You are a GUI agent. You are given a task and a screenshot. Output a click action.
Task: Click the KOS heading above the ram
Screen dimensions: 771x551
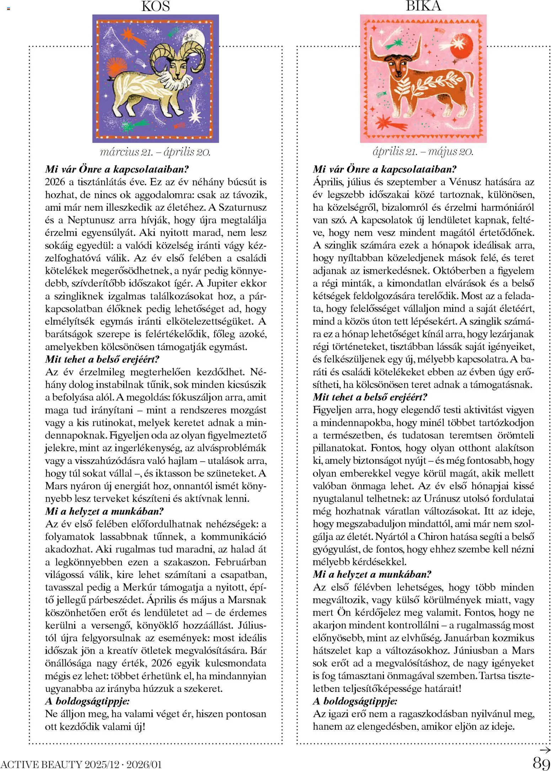(x=155, y=6)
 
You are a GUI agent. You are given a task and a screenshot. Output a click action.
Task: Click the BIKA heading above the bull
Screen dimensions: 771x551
(x=423, y=6)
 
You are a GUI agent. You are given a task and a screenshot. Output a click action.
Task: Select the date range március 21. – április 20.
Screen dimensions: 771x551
(x=155, y=152)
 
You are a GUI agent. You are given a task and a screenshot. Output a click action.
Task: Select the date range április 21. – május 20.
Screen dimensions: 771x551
(x=423, y=152)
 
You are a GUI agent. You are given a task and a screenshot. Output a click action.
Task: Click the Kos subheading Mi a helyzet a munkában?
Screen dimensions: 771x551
(x=105, y=511)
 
